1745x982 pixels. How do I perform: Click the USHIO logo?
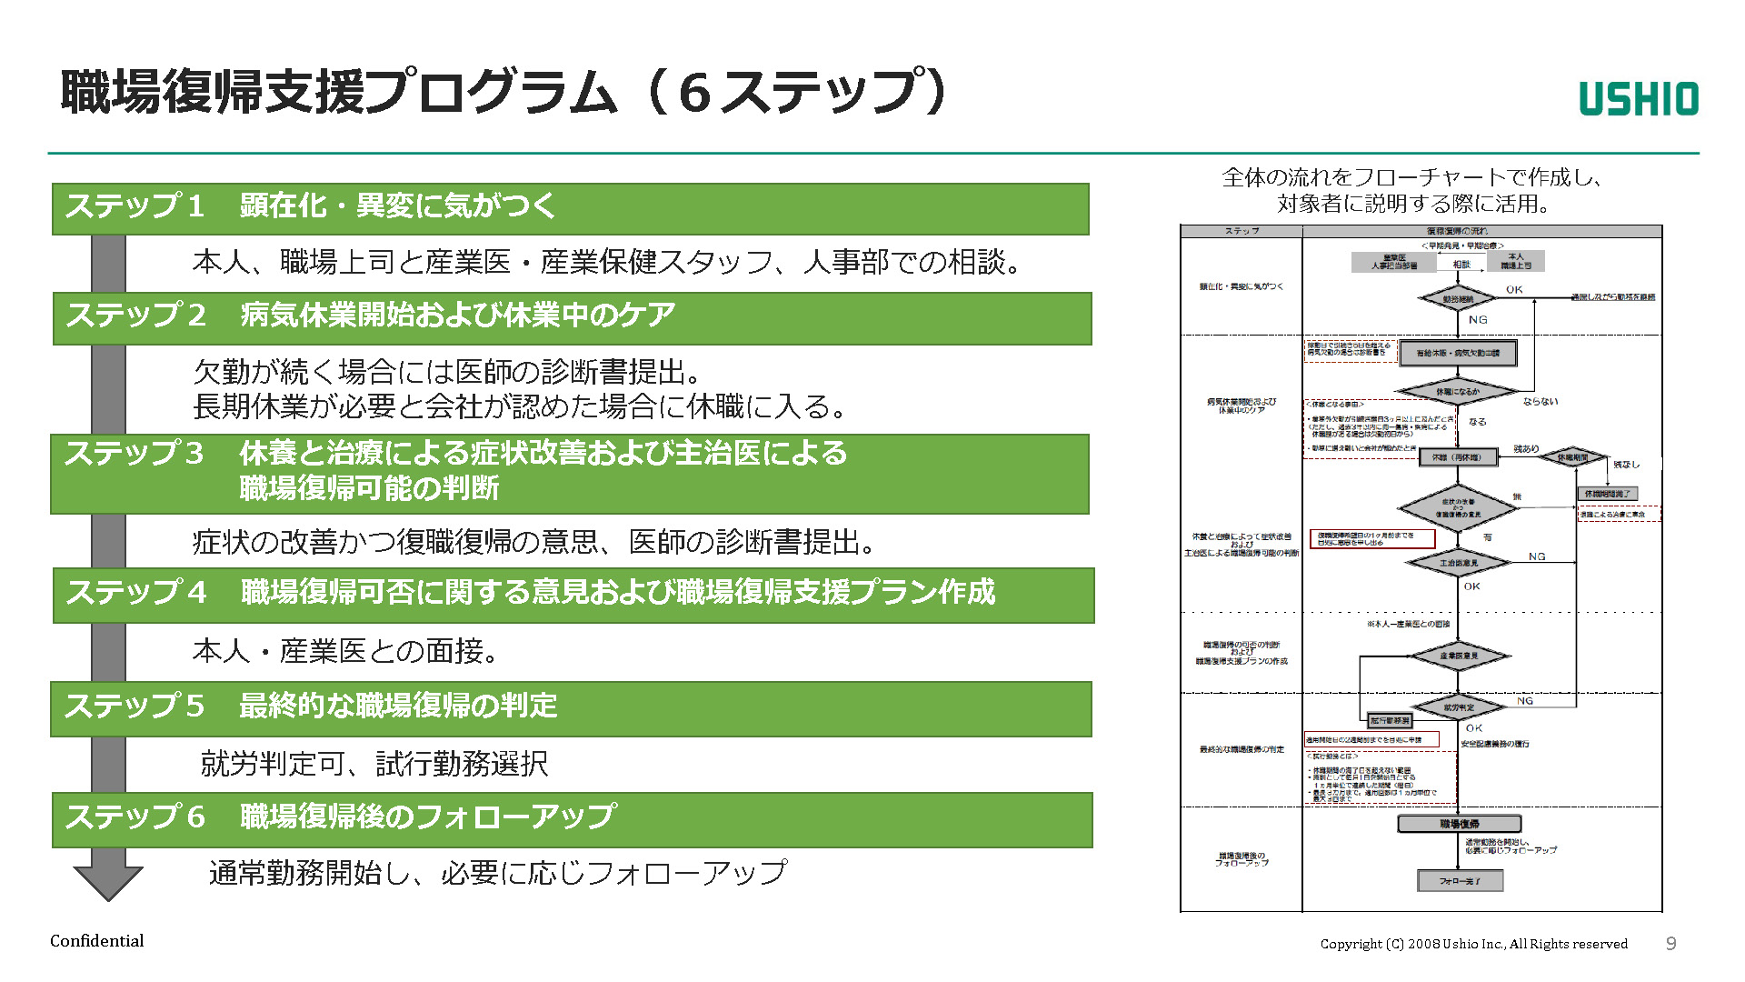pos(1638,99)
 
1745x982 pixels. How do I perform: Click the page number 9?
pos(1670,944)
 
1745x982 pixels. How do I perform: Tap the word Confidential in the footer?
pos(96,941)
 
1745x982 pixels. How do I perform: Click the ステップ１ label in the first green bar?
pos(135,206)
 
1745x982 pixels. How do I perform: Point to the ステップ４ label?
pos(136,593)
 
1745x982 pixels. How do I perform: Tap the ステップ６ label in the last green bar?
pos(135,817)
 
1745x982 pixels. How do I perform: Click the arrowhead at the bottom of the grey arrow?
pos(108,882)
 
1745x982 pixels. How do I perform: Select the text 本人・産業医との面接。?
pos(345,651)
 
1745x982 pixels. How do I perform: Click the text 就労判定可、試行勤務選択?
pos(374,764)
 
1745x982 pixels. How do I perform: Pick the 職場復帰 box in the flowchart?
pos(1459,824)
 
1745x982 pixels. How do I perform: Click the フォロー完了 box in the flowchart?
pos(1460,881)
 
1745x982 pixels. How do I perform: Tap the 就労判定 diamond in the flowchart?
pos(1459,707)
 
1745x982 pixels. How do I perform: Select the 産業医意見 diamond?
pos(1459,656)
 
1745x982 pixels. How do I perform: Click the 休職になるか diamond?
pos(1457,392)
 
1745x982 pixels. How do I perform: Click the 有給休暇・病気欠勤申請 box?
pos(1458,353)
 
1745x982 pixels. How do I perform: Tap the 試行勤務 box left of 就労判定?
pos(1390,721)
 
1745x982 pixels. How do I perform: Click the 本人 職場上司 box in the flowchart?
pos(1515,261)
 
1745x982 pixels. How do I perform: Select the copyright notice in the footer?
pos(1473,944)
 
